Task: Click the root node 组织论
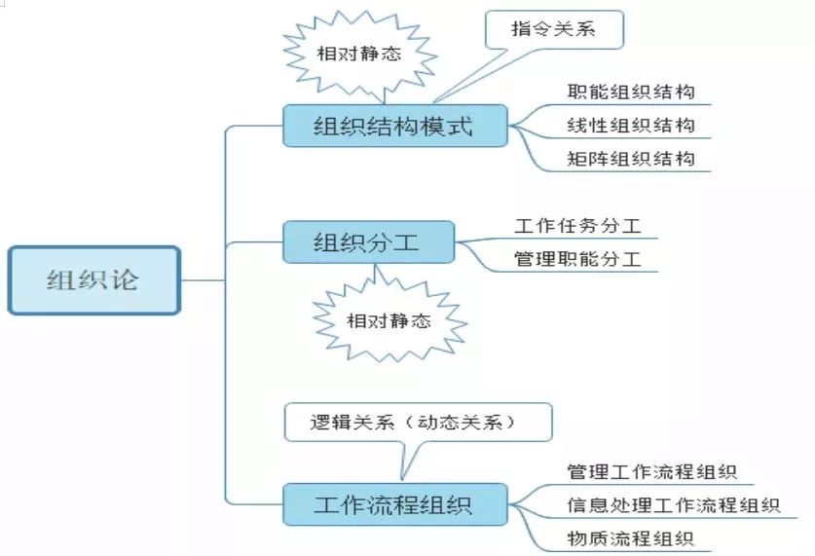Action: (93, 280)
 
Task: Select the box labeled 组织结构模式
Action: (394, 127)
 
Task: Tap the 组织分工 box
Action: (367, 241)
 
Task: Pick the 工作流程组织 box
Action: (394, 505)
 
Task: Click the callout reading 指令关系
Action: (553, 30)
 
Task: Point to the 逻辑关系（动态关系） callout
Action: (418, 423)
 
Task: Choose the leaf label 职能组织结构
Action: (631, 93)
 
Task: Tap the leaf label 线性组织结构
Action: (631, 126)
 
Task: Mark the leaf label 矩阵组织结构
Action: (631, 158)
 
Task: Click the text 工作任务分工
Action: (578, 227)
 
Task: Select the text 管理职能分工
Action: (578, 259)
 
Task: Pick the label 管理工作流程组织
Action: (652, 472)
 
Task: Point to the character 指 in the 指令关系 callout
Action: (521, 30)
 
